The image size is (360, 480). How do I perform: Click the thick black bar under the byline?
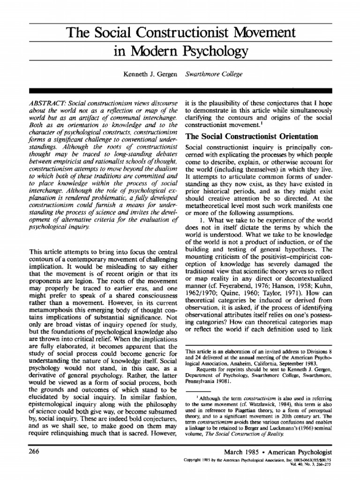click(180, 90)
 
